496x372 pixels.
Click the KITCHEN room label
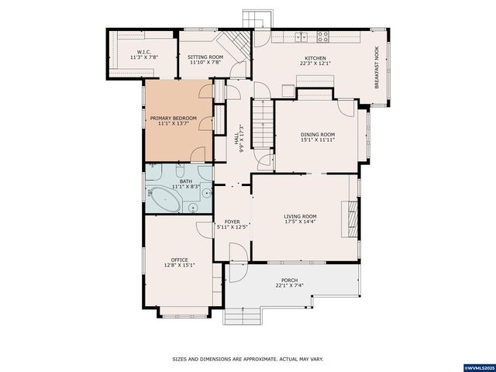(315, 57)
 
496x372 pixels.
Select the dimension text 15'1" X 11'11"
(318, 140)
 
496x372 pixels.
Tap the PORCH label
(289, 281)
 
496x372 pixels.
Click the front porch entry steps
(243, 315)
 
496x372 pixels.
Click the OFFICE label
(179, 260)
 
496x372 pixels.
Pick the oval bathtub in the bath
(166, 201)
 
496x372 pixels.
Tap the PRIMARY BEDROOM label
(173, 118)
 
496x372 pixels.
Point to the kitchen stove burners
(322, 36)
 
